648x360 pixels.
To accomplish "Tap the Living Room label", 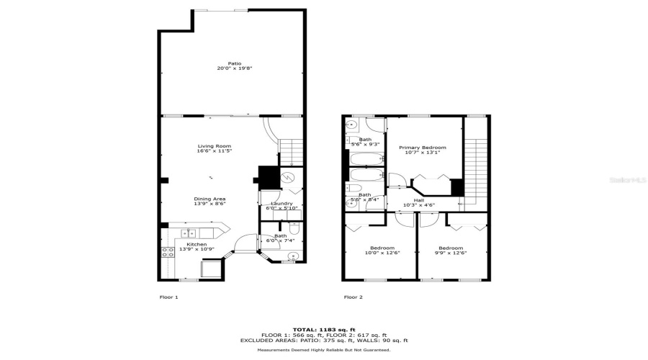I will click(215, 146).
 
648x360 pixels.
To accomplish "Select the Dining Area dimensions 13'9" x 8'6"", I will click(210, 204).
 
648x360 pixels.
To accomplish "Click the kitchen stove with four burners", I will click(167, 252).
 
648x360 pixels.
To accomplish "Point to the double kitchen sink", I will click(189, 233).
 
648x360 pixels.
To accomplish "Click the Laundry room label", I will click(282, 204).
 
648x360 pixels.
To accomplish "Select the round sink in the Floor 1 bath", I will click(292, 256).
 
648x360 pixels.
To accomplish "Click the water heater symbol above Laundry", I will click(287, 176).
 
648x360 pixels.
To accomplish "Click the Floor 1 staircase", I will click(291, 152).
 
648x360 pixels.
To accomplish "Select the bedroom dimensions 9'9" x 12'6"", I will click(450, 253).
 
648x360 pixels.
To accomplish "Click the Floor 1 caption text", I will click(168, 297).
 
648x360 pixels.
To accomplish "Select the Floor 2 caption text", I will click(353, 297).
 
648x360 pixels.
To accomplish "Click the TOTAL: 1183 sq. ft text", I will click(324, 329).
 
